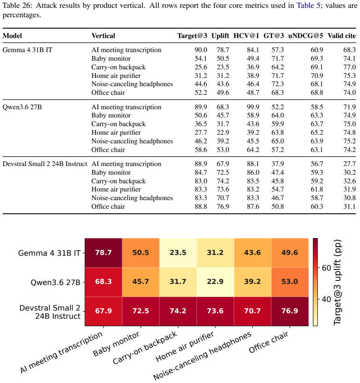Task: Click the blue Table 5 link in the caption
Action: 308,5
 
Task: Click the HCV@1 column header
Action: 246,36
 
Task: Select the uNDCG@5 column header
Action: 306,36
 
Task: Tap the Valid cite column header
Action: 342,36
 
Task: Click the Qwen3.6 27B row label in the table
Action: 22,107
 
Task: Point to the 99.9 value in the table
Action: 253,107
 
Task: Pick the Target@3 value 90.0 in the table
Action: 201,50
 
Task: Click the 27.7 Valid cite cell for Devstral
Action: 349,164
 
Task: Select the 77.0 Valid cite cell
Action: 349,67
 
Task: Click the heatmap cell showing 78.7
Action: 103,253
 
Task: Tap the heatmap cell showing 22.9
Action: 215,282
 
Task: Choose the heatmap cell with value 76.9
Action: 290,311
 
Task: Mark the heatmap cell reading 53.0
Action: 290,282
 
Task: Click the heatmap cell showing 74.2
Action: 178,311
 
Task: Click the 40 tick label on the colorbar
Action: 326,299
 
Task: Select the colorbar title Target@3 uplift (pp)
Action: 338,282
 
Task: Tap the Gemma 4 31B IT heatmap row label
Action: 49,253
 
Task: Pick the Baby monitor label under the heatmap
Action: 116,344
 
